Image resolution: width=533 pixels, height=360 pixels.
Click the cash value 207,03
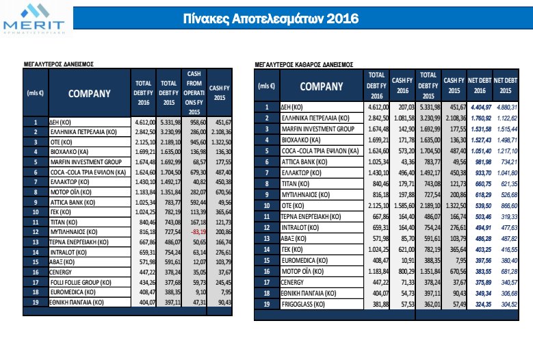click(x=402, y=107)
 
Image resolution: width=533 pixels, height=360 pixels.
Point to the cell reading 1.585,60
click(x=402, y=184)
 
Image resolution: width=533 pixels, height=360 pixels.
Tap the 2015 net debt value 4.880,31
click(x=506, y=107)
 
